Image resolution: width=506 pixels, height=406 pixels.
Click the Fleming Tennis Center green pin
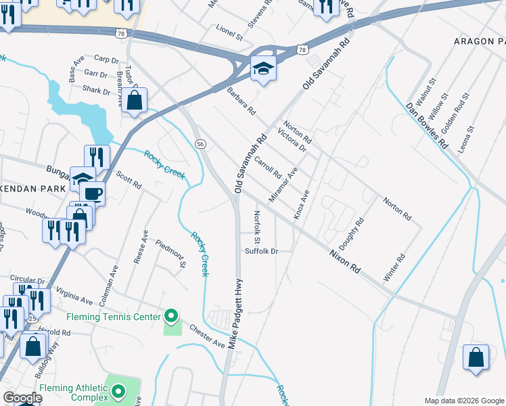click(x=171, y=316)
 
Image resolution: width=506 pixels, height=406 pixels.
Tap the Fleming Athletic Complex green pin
click(x=118, y=392)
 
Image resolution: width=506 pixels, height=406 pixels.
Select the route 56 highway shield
click(x=200, y=144)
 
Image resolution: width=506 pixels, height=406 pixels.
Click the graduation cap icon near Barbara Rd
click(x=262, y=68)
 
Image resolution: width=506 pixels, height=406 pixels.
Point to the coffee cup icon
click(x=92, y=194)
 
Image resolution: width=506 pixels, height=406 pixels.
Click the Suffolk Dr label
click(x=262, y=251)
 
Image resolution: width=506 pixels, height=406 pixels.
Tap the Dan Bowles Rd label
click(x=427, y=126)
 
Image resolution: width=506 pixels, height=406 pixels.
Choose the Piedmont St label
click(x=170, y=253)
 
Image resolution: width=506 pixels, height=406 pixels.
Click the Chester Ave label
click(x=207, y=335)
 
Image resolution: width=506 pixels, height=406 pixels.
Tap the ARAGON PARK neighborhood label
click(x=480, y=41)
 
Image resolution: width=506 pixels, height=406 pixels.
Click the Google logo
click(x=22, y=398)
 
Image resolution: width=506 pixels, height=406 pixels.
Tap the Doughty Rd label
click(x=354, y=231)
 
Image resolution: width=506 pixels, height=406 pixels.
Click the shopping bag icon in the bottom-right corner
click(x=476, y=357)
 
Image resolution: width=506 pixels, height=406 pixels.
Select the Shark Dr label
click(x=97, y=91)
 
